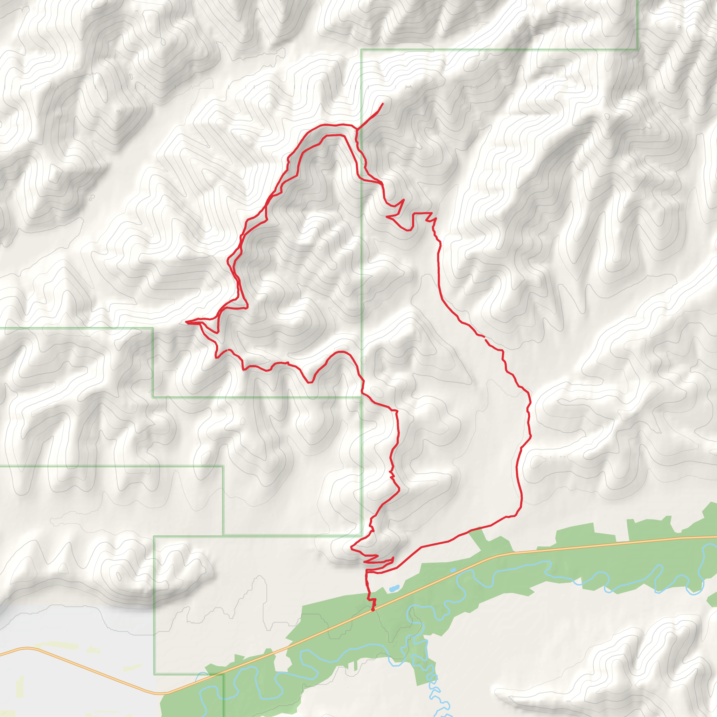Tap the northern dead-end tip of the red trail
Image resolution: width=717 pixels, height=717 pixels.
click(x=383, y=104)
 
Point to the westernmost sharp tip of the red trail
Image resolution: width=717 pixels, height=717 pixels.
click(x=186, y=322)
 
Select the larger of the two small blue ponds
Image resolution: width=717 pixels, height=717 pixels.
click(x=394, y=589)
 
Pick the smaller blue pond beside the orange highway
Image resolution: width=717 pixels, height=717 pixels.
click(x=453, y=570)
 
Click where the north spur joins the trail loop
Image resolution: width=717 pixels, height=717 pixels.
click(x=357, y=130)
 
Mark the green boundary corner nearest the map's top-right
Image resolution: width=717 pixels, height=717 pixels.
click(x=637, y=49)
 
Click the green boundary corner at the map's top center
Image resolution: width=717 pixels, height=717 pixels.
click(x=361, y=49)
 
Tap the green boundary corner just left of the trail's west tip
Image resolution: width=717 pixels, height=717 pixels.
click(x=153, y=328)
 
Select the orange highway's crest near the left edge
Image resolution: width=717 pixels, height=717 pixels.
click(x=26, y=648)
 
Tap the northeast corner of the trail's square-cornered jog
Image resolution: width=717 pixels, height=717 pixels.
click(x=432, y=213)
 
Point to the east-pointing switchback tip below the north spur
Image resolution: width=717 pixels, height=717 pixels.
click(x=403, y=200)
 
